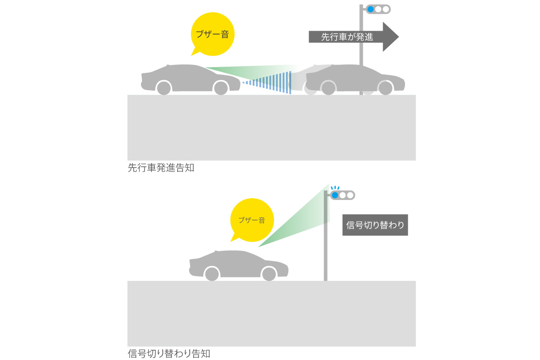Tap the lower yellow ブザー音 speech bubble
click(251, 220)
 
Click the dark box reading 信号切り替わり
click(375, 225)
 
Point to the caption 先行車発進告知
click(161, 168)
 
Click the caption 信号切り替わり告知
click(169, 354)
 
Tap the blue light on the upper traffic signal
click(370, 9)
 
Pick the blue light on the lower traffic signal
click(335, 195)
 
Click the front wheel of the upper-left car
click(221, 88)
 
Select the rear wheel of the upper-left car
click(163, 88)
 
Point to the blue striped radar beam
click(275, 83)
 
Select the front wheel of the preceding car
click(385, 88)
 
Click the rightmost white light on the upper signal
click(385, 9)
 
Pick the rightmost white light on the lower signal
click(350, 195)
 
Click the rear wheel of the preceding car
click(328, 88)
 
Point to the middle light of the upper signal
click(378, 9)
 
